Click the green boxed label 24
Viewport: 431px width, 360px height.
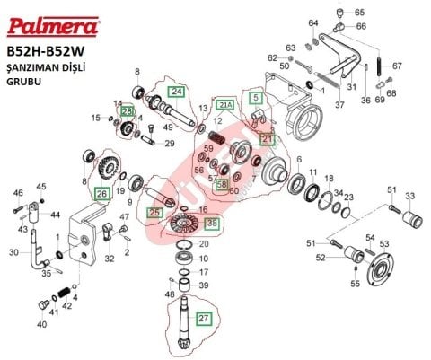click(x=176, y=92)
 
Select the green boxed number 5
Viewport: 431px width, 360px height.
click(x=256, y=96)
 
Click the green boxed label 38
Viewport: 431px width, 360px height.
click(x=211, y=223)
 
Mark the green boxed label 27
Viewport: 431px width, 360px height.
click(x=203, y=318)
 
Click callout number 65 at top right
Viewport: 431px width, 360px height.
click(x=360, y=13)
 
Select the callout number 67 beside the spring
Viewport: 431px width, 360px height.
click(x=397, y=66)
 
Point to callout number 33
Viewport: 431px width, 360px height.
click(x=410, y=196)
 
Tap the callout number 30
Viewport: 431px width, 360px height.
click(x=13, y=252)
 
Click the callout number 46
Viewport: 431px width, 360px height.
click(x=17, y=192)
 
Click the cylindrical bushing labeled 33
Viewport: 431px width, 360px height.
click(x=412, y=218)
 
